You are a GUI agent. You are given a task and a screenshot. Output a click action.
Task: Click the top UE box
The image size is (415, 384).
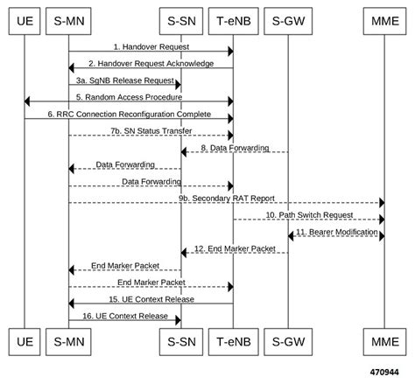(25, 18)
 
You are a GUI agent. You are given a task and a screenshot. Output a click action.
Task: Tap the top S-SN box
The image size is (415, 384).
(181, 18)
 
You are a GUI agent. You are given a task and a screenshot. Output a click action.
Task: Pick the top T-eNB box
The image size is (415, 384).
(233, 18)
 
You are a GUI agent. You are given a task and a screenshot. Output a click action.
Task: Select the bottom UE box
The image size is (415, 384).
(25, 339)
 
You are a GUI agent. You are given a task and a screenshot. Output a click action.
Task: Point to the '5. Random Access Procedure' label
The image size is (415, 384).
(129, 97)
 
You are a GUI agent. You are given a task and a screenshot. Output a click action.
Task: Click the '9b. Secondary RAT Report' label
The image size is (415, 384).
(225, 199)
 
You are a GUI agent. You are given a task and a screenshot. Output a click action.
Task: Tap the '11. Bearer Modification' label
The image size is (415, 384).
(335, 232)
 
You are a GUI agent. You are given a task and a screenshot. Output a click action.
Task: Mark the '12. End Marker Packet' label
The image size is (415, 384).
(234, 248)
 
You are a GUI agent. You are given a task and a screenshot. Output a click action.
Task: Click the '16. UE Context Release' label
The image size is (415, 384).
(125, 315)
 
